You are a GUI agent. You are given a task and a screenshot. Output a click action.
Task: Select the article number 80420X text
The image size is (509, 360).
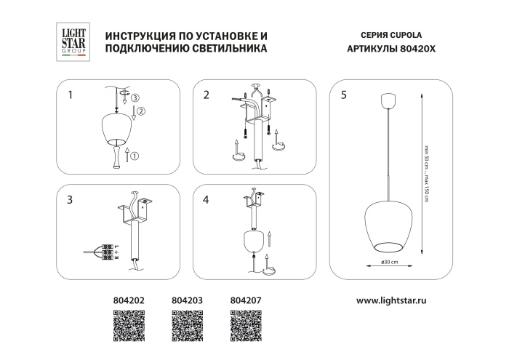pyautogui.click(x=417, y=49)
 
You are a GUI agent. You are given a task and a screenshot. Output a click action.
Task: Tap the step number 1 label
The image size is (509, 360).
pyautogui.click(x=71, y=95)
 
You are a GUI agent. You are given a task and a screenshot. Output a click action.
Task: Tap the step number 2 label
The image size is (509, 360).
pyautogui.click(x=207, y=95)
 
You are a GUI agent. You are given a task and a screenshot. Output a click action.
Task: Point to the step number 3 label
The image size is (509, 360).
pyautogui.click(x=71, y=199)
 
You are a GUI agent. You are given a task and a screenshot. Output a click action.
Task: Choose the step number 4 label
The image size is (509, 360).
pyautogui.click(x=207, y=199)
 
